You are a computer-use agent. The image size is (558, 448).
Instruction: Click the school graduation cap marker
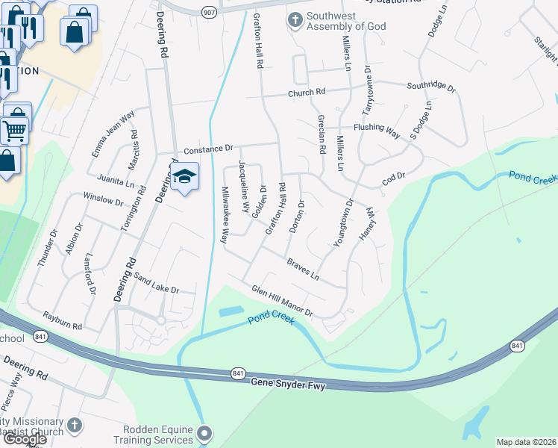[x=184, y=177]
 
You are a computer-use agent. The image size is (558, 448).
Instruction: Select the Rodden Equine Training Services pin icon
[x=205, y=433]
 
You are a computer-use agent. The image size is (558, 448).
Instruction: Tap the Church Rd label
[x=307, y=93]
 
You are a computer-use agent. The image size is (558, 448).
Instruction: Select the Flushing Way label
[x=377, y=128]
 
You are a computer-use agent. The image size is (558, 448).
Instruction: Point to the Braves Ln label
[x=303, y=269]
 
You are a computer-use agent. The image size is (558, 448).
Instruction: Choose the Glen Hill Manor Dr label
[x=281, y=300]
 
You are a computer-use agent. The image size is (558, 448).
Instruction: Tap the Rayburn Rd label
[x=62, y=322]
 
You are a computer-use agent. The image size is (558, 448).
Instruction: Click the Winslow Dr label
[x=102, y=200]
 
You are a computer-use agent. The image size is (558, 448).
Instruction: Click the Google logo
[x=25, y=439]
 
